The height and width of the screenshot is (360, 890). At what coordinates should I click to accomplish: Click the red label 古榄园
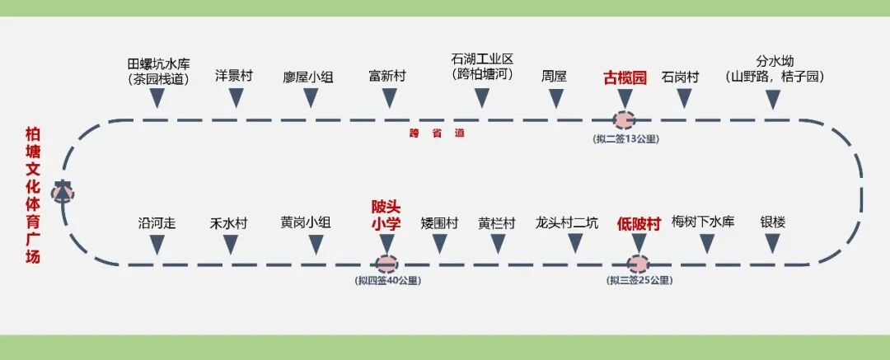click(625, 77)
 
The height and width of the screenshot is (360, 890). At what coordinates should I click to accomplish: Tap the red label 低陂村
click(639, 223)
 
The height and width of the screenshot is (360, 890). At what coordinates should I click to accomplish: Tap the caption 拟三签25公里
click(639, 281)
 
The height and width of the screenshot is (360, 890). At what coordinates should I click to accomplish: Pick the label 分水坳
click(775, 62)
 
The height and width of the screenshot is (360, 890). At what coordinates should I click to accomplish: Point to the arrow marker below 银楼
click(772, 244)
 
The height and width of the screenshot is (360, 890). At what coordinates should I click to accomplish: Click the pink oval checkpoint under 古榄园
click(625, 119)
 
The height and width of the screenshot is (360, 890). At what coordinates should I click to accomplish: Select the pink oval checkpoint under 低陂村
click(638, 264)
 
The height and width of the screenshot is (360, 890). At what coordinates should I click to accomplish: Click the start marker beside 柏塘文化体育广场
click(63, 191)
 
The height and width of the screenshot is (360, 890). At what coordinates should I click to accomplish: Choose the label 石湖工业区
click(482, 59)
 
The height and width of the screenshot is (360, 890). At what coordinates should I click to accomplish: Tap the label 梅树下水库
click(703, 222)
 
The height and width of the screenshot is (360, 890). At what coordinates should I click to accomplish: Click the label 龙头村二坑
click(566, 222)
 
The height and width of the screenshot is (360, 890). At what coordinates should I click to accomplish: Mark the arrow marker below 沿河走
click(157, 245)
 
